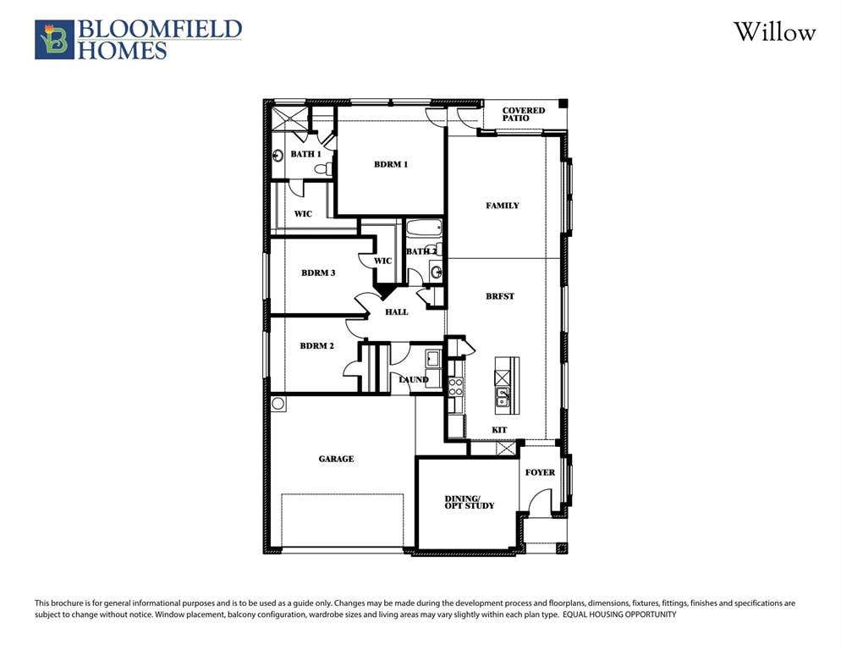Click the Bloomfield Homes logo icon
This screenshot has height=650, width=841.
click(x=54, y=40)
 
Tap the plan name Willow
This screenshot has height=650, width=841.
click(x=774, y=32)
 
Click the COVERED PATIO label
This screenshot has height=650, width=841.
click(x=524, y=113)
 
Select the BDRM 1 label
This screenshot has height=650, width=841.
click(x=391, y=164)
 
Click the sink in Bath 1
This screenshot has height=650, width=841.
click(x=278, y=156)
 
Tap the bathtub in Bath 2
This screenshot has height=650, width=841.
click(x=424, y=229)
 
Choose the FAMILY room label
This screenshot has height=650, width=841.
click(x=503, y=206)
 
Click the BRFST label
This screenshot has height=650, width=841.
click(x=500, y=296)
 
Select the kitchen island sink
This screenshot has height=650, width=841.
click(x=503, y=398)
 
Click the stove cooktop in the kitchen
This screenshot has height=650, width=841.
click(x=455, y=387)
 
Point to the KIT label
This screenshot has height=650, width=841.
click(x=499, y=430)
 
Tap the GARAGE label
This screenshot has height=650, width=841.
click(x=336, y=459)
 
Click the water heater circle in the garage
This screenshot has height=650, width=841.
click(x=278, y=403)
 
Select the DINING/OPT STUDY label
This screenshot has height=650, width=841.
click(x=470, y=503)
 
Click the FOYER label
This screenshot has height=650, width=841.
click(x=540, y=472)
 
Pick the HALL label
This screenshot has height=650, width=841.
click(x=396, y=311)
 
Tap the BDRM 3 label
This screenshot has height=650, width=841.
click(x=318, y=273)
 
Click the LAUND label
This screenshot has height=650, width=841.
click(x=414, y=379)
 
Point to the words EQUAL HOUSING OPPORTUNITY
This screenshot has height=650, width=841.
click(x=619, y=614)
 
